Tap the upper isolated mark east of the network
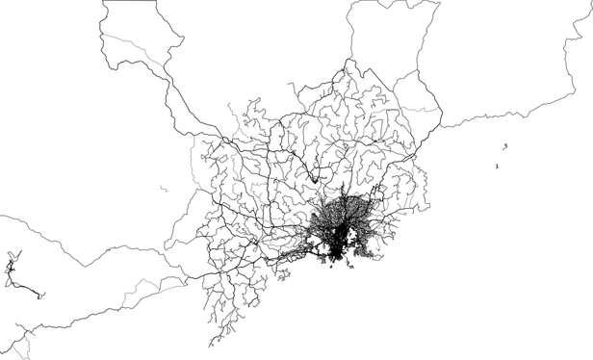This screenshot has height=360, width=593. (x=505, y=145)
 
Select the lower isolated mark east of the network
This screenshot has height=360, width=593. (x=497, y=167)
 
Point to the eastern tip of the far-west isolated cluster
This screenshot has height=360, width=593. (x=42, y=296)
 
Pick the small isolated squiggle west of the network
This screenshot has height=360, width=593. (x=165, y=188)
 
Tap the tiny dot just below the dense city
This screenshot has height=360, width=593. (x=329, y=276)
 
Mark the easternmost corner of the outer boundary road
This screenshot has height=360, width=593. (x=442, y=126)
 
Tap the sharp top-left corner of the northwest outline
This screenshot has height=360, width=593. (x=101, y=3)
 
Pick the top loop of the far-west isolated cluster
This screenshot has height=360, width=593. (x=12, y=257)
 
